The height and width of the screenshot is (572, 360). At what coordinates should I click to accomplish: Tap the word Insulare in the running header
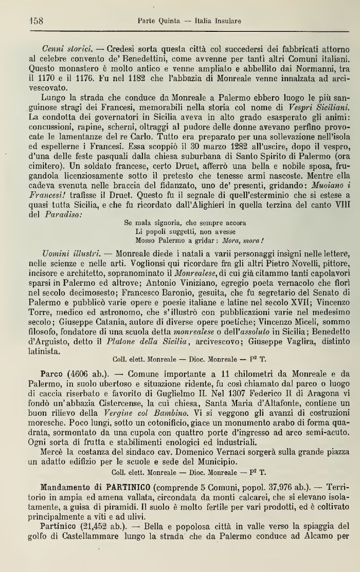225,22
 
